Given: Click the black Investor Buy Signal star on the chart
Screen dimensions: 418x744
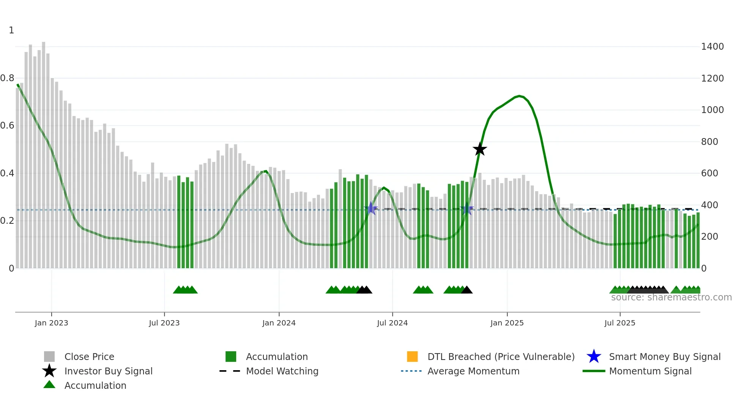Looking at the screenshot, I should point(480,149).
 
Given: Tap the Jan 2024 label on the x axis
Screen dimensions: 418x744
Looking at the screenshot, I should point(279,323).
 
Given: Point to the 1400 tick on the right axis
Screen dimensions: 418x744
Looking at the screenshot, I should point(712,47).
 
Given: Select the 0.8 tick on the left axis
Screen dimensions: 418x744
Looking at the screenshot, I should point(7,79).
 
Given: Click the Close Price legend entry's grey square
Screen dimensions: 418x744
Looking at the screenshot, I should point(49,357).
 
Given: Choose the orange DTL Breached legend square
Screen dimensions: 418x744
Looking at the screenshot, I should point(412,357).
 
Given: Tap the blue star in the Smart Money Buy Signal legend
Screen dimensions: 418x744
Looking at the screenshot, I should point(594,357).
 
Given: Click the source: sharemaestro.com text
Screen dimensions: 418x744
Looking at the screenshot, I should point(671,297).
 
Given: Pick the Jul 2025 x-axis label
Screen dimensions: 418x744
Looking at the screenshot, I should point(619,323).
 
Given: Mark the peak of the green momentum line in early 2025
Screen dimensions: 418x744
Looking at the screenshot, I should point(519,96).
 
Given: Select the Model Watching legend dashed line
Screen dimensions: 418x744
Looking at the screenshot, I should point(230,371).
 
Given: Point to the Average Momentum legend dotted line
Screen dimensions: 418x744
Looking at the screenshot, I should point(411,371).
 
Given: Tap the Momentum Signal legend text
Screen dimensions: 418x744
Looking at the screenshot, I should point(650,371).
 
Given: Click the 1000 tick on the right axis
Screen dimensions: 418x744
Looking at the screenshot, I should point(712,110).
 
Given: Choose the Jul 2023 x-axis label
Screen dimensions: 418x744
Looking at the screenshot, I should point(164,323).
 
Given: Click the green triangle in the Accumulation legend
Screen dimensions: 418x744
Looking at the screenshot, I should point(49,385).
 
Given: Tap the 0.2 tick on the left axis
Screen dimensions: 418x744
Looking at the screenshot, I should point(7,221).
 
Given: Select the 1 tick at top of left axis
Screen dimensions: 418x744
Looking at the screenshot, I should point(11,30).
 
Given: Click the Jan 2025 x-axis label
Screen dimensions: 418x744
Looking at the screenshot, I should point(507,323).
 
